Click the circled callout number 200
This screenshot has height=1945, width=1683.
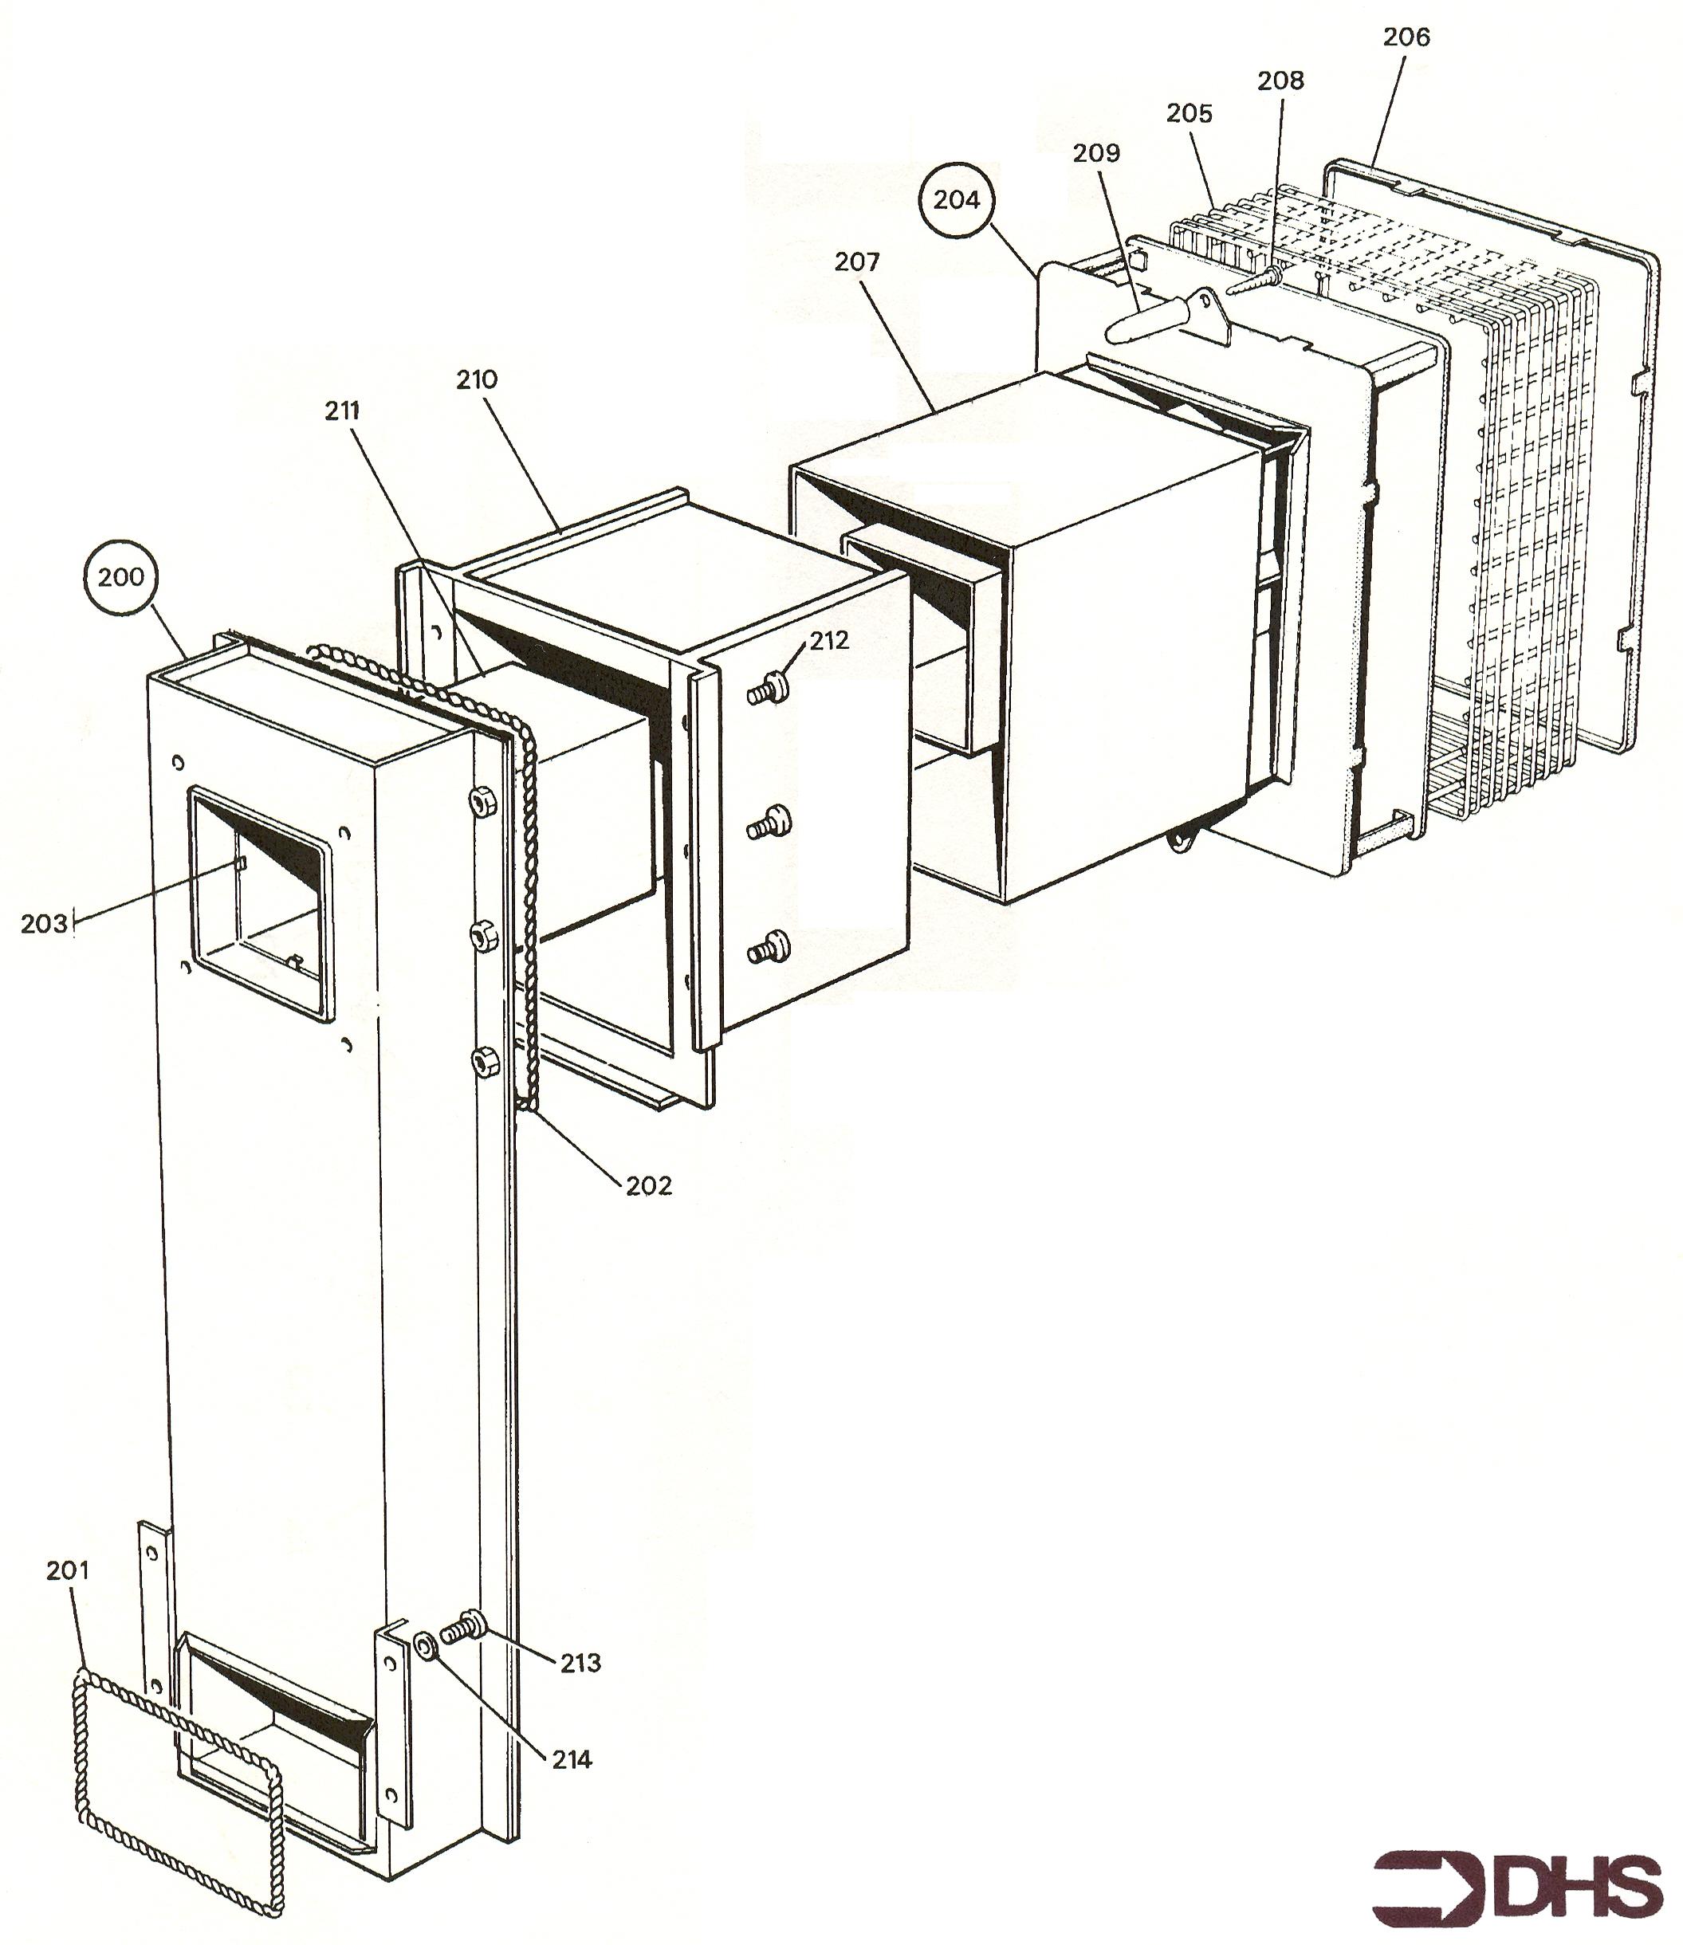point(121,576)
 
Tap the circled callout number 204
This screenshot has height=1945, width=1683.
point(956,199)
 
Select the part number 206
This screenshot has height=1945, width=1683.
point(1406,37)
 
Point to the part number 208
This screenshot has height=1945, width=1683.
point(1281,81)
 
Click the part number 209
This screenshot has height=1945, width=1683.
point(1097,153)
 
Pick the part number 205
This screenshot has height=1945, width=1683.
point(1190,114)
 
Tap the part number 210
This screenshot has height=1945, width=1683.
point(477,380)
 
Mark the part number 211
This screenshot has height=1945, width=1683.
point(342,411)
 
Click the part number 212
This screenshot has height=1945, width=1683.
point(829,641)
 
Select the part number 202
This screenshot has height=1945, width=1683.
point(650,1186)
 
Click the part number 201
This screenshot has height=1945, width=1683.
point(68,1570)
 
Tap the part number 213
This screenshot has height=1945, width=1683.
point(580,1664)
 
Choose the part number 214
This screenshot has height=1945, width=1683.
point(572,1760)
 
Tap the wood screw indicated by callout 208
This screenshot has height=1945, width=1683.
point(1254,280)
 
